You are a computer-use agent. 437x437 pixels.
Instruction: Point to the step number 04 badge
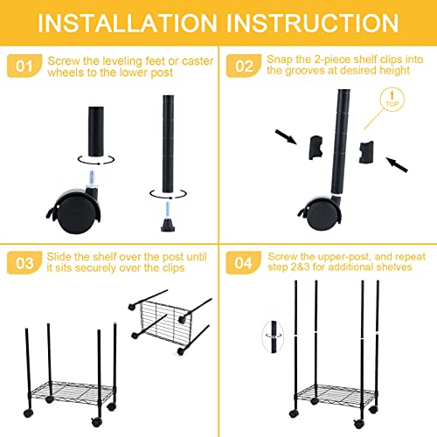click(244, 262)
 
